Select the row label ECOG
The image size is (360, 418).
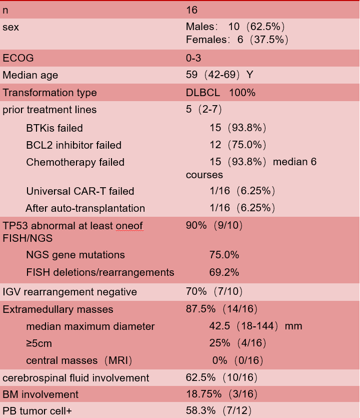click(18, 58)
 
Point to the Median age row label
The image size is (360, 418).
click(30, 76)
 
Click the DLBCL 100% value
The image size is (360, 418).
click(220, 93)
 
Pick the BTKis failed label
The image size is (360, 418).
click(54, 128)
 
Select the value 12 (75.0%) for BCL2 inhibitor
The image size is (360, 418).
click(237, 145)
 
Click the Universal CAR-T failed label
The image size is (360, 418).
click(80, 191)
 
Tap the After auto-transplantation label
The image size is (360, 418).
click(85, 208)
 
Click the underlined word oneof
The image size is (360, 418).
click(129, 226)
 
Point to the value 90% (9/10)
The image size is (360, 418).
click(214, 226)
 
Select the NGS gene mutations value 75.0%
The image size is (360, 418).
click(224, 255)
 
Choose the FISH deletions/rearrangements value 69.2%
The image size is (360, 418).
click(224, 272)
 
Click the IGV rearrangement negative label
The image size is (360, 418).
click(69, 292)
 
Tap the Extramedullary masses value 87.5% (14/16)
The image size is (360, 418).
click(222, 309)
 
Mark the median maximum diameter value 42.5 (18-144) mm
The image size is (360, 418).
click(255, 326)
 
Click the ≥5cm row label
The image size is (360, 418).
click(39, 343)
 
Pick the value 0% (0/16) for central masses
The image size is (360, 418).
click(237, 360)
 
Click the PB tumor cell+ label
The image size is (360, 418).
click(37, 411)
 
